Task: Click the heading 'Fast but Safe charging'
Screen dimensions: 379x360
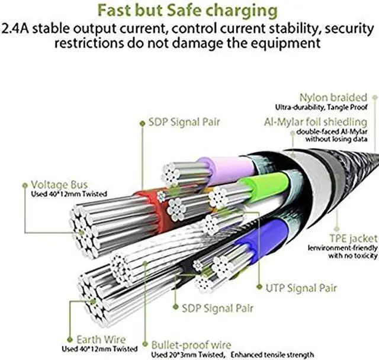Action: [188, 11]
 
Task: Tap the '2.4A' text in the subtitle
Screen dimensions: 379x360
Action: [15, 28]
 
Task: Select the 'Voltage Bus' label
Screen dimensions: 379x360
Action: [59, 185]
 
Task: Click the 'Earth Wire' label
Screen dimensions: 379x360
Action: [101, 339]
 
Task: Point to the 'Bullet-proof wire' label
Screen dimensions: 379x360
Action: [191, 345]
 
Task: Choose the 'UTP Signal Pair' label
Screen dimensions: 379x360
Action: [301, 288]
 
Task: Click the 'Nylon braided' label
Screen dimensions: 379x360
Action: [333, 97]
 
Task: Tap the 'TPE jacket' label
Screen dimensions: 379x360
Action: [354, 239]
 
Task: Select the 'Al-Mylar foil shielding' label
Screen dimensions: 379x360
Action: [316, 122]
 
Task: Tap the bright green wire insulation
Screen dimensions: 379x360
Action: [265, 186]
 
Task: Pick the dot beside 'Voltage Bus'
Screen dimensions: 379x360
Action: [25, 185]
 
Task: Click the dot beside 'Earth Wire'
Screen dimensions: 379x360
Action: [70, 340]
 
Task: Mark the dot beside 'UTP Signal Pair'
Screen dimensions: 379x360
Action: [259, 287]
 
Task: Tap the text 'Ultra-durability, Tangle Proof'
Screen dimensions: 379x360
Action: [321, 107]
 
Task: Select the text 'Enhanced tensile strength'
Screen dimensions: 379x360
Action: [272, 355]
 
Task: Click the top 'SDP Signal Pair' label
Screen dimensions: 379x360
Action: [184, 122]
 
